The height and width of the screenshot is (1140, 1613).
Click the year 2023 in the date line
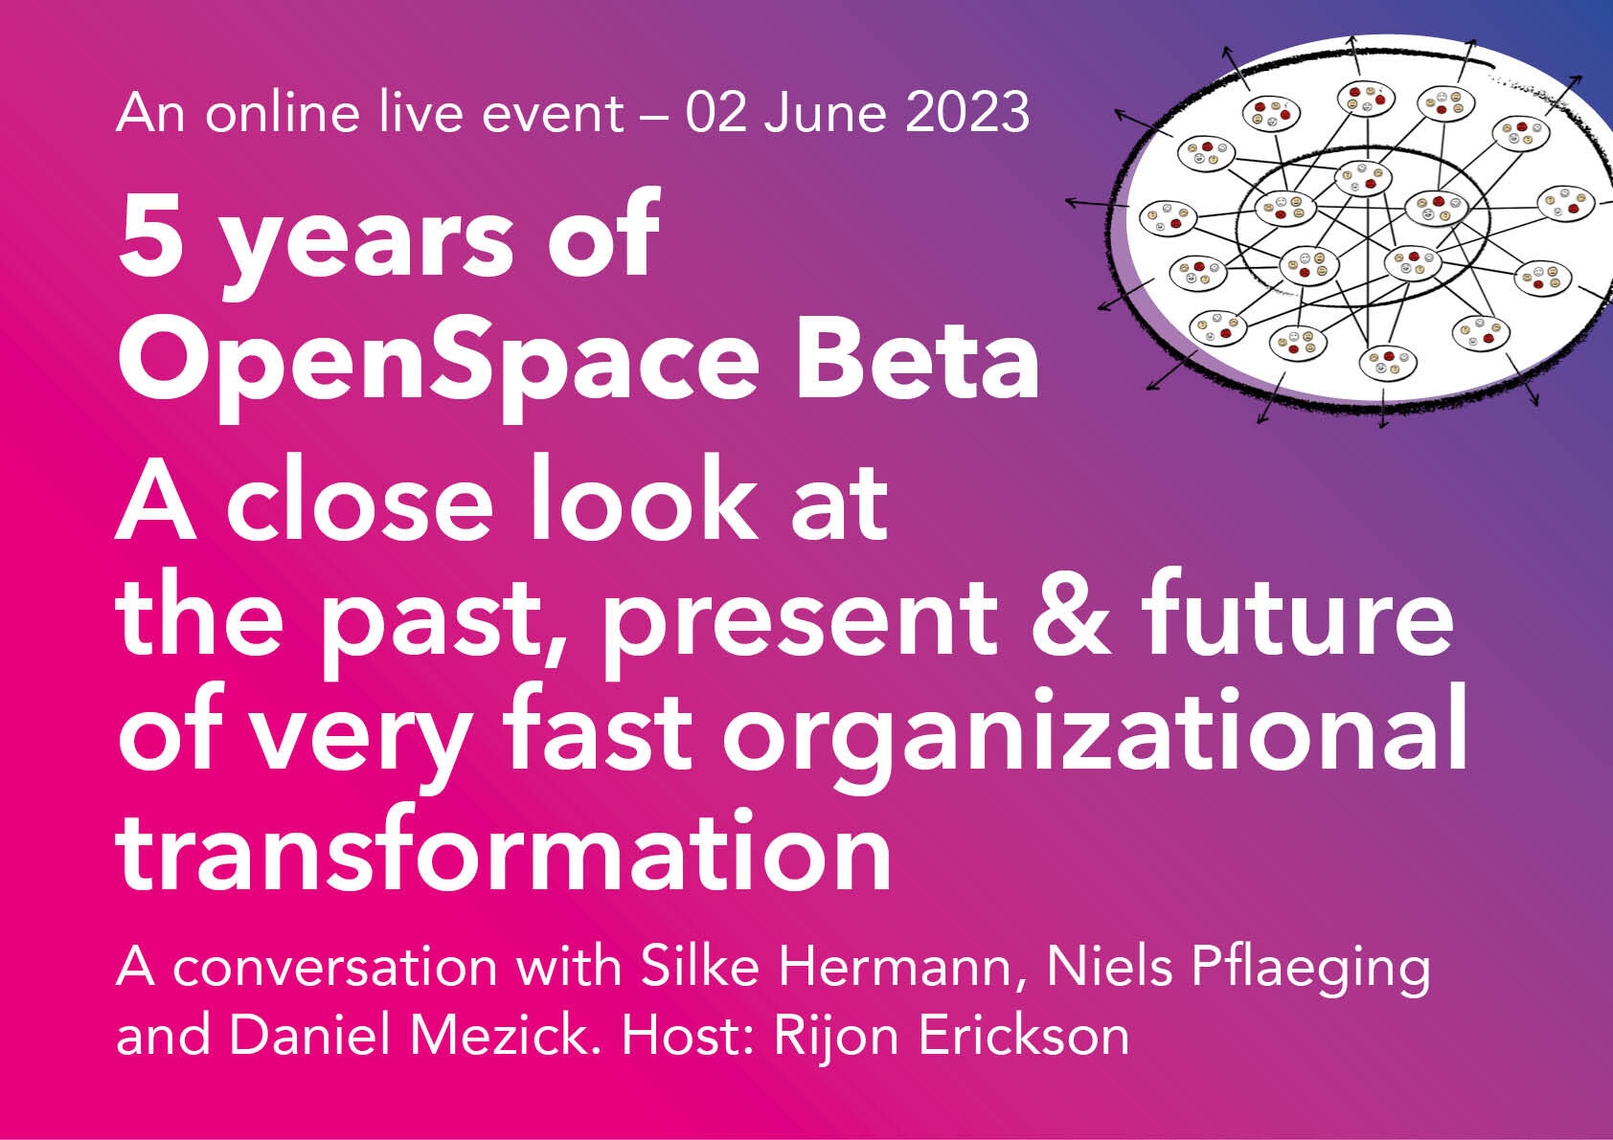point(966,112)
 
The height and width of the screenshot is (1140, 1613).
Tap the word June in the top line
point(826,112)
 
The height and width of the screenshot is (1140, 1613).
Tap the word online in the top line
point(283,112)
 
